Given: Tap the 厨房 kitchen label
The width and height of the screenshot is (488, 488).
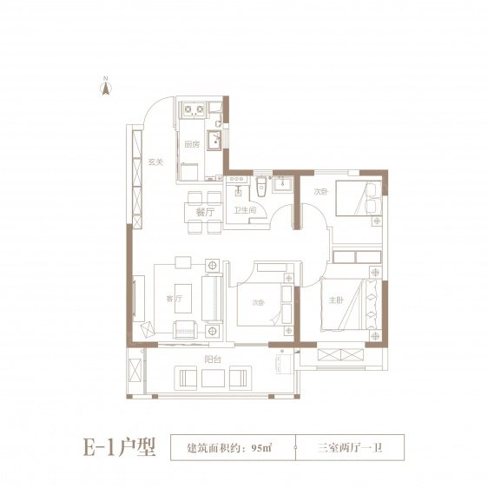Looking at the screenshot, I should [x=191, y=145].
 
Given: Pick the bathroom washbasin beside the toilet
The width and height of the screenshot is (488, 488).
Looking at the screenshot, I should [x=280, y=183].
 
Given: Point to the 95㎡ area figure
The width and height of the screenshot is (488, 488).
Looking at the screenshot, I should [x=260, y=448].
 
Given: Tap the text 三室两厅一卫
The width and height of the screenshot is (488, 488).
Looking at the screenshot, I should [x=351, y=448].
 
